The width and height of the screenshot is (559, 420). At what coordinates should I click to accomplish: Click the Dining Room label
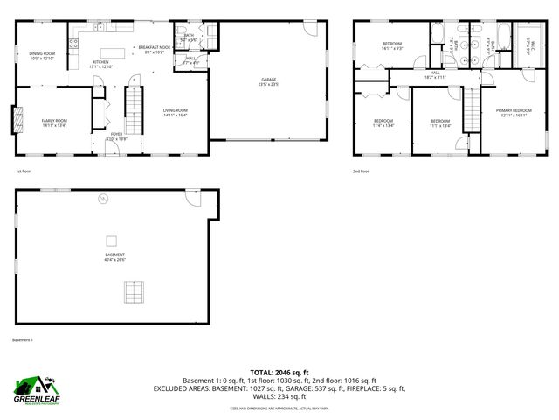point(42,53)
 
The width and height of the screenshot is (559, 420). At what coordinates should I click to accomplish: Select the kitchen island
point(112,51)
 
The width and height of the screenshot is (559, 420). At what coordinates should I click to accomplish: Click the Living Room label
point(176,109)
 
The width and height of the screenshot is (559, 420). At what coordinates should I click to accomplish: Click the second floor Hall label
point(435,73)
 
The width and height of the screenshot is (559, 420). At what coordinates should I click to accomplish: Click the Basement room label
point(115,255)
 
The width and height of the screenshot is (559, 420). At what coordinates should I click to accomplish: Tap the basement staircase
point(133,290)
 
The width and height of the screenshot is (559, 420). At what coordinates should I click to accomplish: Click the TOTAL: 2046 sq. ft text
point(279,372)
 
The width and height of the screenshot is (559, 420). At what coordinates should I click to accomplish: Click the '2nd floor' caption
point(362,172)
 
